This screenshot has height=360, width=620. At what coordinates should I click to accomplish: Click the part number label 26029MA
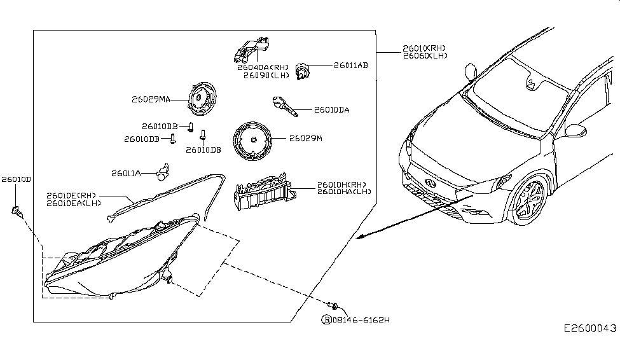(151, 99)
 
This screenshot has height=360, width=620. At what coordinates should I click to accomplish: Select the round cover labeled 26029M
(252, 140)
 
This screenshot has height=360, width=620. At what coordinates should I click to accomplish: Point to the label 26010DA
(331, 110)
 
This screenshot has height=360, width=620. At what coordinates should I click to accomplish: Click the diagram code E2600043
(589, 328)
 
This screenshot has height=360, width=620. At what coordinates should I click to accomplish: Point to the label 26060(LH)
(424, 56)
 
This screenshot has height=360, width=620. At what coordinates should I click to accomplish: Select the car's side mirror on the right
(576, 130)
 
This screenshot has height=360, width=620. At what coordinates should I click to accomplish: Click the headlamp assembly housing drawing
(121, 261)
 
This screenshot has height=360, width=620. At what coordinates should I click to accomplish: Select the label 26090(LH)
(265, 74)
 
